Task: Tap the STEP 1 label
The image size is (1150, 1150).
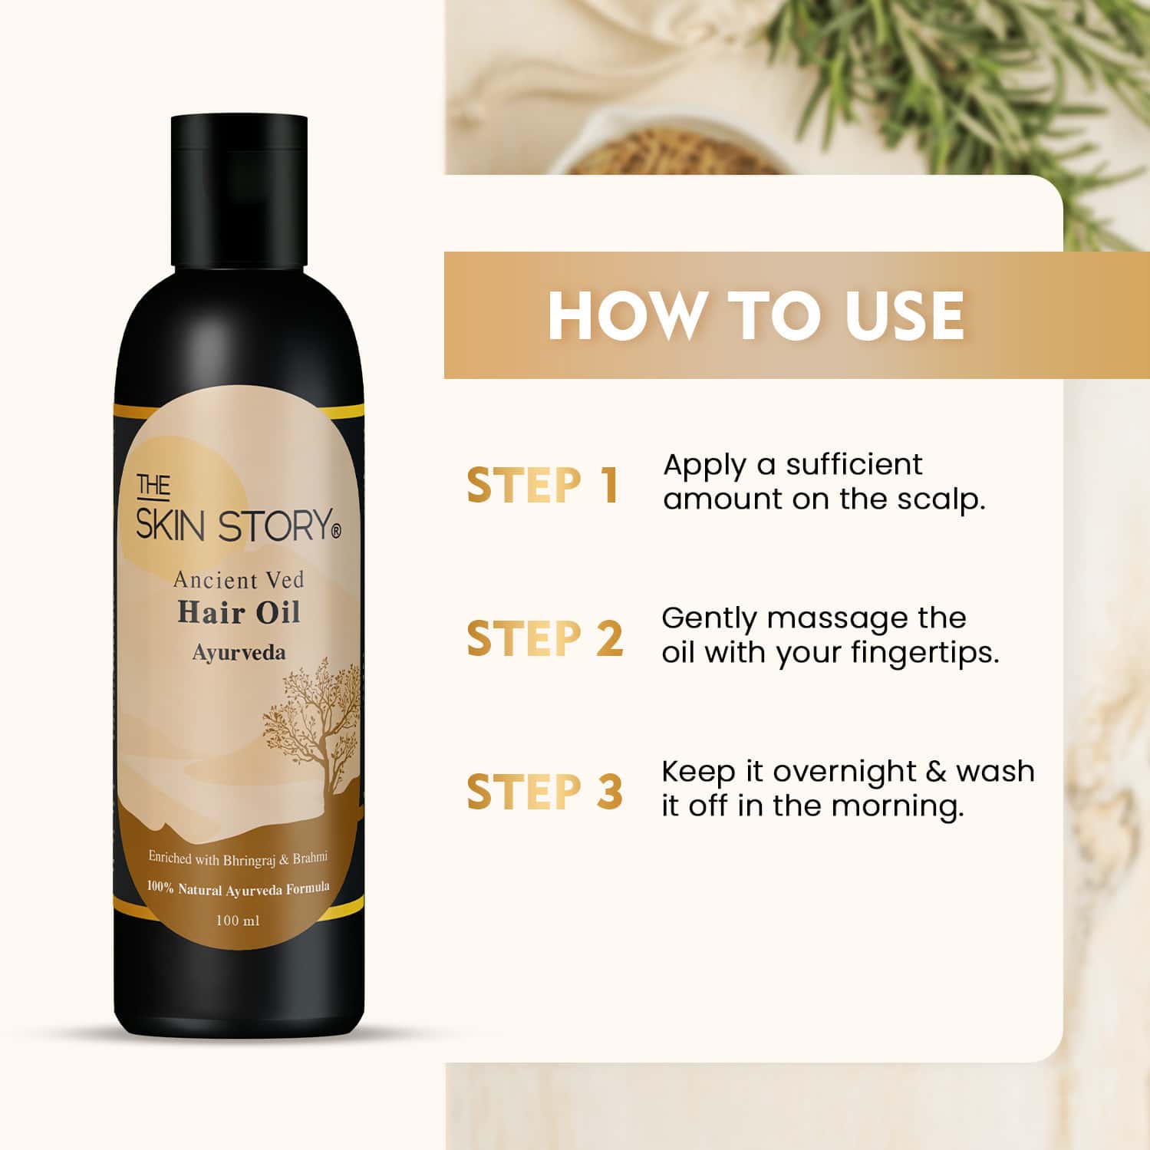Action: tap(542, 486)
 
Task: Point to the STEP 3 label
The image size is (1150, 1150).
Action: tap(545, 792)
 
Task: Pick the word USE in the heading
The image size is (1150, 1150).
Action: tap(905, 315)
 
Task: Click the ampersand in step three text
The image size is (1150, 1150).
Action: tap(936, 772)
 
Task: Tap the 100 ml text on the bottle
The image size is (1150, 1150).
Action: tap(238, 920)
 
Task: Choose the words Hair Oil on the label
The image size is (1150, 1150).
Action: tap(239, 613)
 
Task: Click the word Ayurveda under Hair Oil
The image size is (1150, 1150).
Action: tap(239, 653)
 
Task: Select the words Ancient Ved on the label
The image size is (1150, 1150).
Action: tap(239, 580)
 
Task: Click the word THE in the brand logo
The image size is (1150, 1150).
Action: tap(153, 485)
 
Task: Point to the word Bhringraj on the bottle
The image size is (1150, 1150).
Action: tap(249, 860)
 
